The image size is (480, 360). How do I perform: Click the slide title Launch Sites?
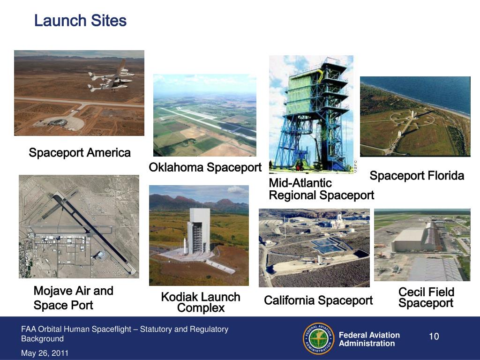80,21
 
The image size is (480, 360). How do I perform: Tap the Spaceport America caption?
80,153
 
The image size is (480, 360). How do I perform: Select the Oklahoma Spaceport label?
205,167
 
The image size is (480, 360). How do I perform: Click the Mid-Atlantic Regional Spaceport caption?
321,189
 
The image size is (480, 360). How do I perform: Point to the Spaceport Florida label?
417,176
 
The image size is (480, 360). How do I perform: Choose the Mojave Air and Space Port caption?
73,298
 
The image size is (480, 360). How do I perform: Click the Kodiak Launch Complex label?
201,302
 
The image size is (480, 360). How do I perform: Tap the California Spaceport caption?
318,300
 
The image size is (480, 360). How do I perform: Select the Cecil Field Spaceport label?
426,298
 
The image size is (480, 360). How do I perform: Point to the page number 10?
434,337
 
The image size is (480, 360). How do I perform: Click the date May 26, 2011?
45,353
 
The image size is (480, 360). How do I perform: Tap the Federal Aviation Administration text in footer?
369,339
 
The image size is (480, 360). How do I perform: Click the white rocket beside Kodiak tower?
184,244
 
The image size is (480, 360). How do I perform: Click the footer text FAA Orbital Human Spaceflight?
124,330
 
